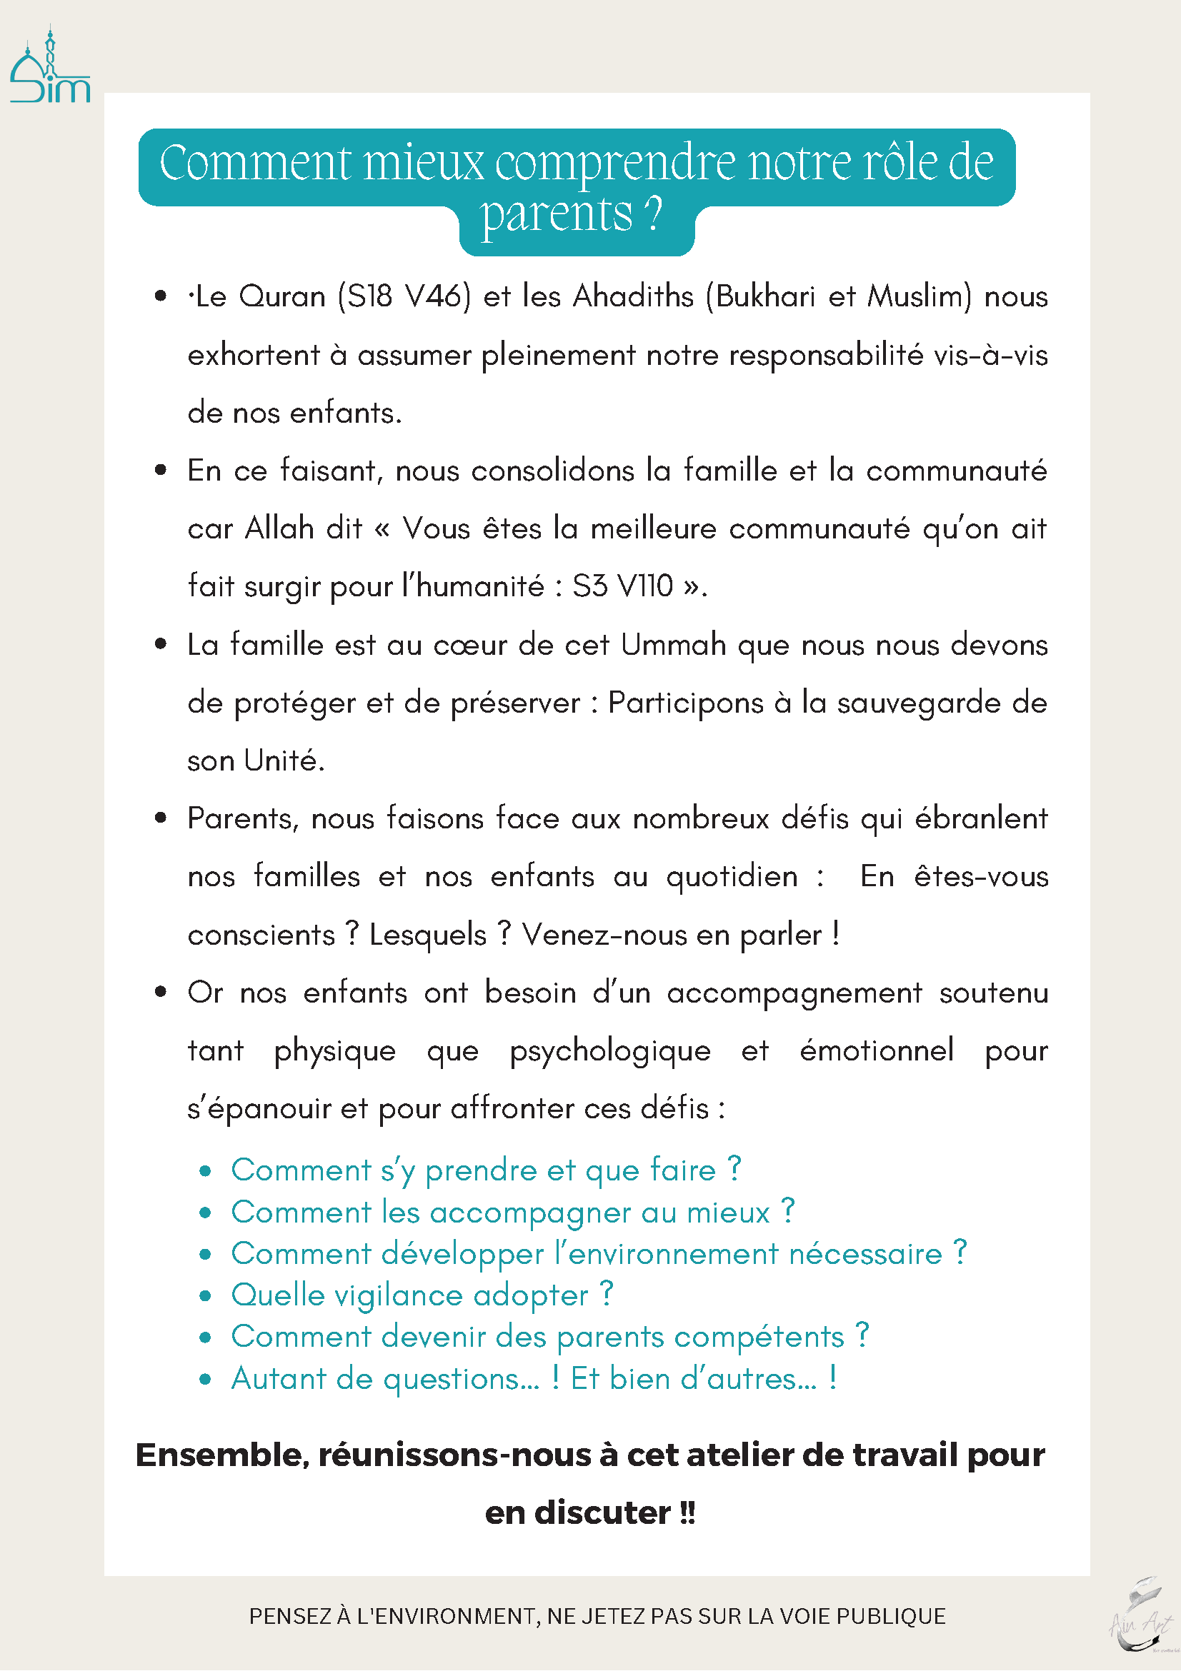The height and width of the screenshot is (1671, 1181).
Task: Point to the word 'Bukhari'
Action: [765, 297]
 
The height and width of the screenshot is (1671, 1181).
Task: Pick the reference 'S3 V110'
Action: [622, 586]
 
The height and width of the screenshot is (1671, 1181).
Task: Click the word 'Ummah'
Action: [674, 645]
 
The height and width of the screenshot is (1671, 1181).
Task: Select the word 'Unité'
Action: [283, 761]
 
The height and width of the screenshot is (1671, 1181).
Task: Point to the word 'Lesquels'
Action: [427, 935]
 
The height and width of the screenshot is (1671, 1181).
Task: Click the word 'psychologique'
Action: [610, 1051]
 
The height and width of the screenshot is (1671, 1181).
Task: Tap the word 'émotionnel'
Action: [877, 1051]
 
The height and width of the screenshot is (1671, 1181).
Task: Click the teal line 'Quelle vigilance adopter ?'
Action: [422, 1295]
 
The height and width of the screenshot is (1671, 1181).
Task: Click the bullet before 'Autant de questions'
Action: [205, 1379]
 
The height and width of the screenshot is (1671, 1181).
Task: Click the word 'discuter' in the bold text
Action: [602, 1513]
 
